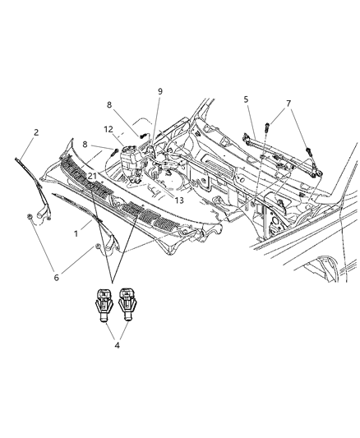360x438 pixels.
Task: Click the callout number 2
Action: pos(36,131)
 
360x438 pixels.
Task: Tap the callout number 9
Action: pos(159,91)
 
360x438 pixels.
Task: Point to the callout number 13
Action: pos(178,199)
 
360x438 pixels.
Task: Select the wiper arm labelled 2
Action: pos(33,185)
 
